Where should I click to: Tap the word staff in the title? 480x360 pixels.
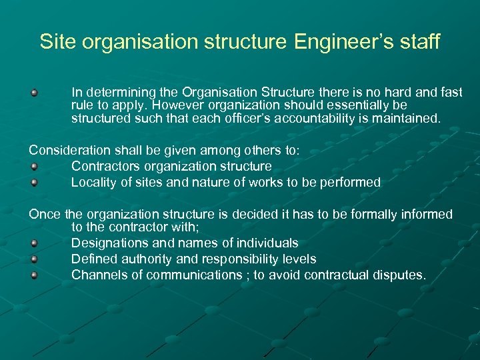(x=418, y=41)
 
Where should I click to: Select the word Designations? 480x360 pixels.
(x=108, y=243)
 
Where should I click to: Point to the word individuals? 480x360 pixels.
(x=267, y=243)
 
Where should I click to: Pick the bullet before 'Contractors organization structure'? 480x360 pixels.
(x=33, y=167)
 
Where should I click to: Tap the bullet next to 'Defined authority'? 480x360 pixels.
(x=33, y=259)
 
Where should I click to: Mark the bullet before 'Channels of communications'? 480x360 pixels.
(x=33, y=275)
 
